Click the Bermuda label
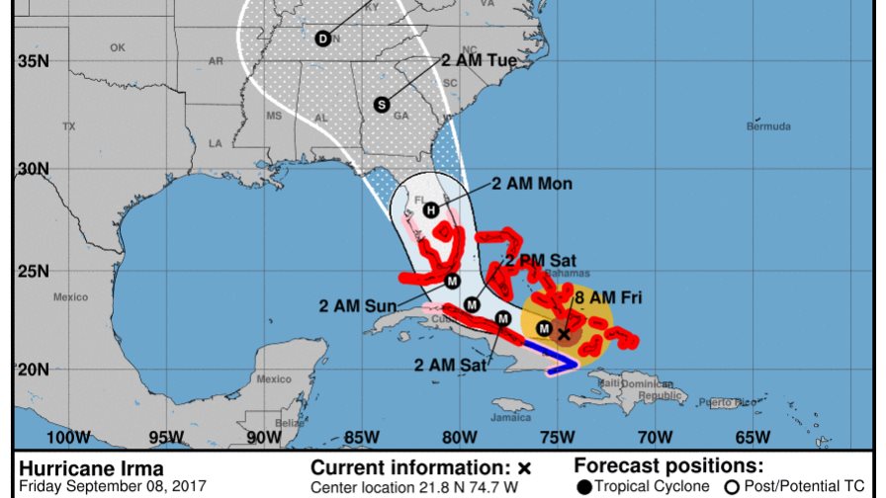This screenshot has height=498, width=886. point(768,126)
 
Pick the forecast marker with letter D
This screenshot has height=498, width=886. point(322,39)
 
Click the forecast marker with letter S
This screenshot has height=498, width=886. point(382,104)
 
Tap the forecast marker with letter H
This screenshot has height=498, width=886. point(430,209)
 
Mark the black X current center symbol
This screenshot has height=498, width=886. point(564,334)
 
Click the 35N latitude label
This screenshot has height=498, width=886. point(34,61)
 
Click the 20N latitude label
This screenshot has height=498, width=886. point(34,369)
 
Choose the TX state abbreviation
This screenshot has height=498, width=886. point(68,126)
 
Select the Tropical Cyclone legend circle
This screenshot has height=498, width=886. point(584,486)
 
